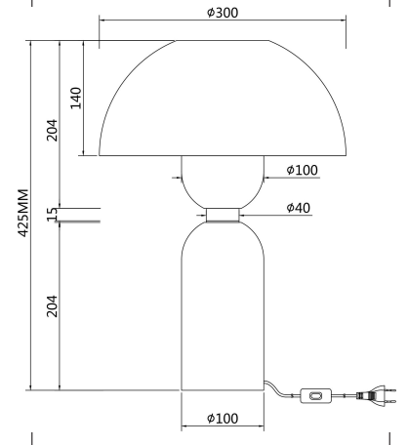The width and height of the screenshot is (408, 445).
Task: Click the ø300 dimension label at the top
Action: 223,13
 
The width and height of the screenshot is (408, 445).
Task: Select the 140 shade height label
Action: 76,98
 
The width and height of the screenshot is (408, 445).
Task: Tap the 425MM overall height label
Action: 22,213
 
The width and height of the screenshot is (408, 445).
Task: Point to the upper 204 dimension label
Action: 52,130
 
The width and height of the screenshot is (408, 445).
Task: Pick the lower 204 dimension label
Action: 52,306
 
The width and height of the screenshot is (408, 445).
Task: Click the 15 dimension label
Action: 52,215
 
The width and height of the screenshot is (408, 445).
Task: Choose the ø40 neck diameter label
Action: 299,208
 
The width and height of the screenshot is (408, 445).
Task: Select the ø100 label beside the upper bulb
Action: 302,170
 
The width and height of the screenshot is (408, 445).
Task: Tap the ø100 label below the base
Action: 223,419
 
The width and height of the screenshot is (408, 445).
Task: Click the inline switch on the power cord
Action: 315,396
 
